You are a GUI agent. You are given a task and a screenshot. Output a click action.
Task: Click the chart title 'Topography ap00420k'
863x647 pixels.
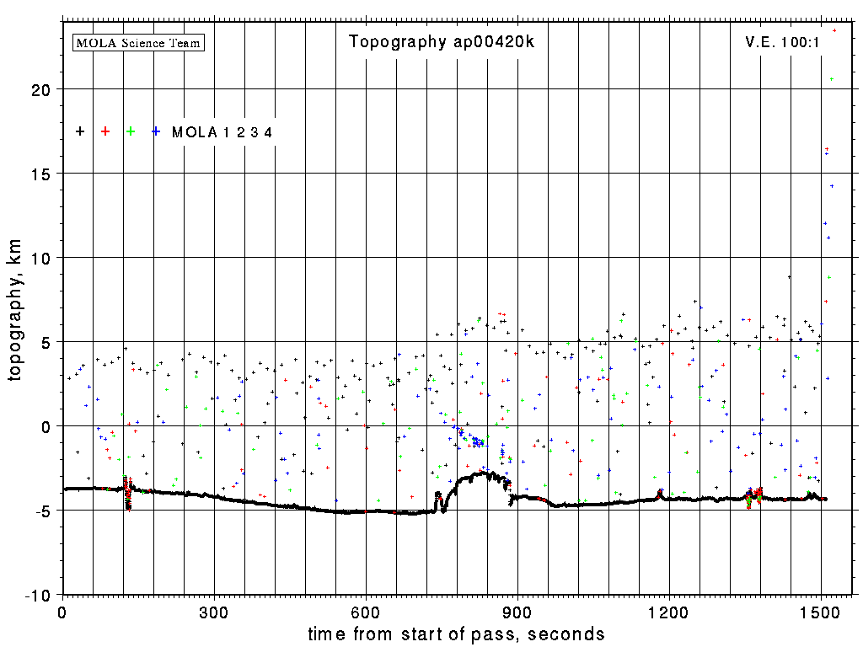pyautogui.click(x=441, y=42)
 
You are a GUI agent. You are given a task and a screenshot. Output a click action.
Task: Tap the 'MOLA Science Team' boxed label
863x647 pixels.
pyautogui.click(x=139, y=42)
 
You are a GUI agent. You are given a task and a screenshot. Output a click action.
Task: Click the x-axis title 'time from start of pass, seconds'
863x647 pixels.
pyautogui.click(x=456, y=634)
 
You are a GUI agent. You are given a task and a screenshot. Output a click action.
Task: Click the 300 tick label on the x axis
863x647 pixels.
pyautogui.click(x=214, y=612)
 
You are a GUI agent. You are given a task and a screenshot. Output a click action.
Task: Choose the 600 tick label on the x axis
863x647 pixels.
pyautogui.click(x=366, y=612)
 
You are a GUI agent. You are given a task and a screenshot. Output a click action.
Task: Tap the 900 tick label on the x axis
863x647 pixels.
pyautogui.click(x=517, y=612)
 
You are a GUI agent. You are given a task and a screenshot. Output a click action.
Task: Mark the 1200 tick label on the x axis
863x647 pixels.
pyautogui.click(x=669, y=612)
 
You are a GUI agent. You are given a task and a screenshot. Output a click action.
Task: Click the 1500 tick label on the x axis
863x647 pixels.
pyautogui.click(x=821, y=612)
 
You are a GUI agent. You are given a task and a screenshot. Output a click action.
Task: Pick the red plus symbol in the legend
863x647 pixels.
pyautogui.click(x=105, y=131)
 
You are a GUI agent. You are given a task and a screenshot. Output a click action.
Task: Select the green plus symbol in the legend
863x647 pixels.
pyautogui.click(x=131, y=131)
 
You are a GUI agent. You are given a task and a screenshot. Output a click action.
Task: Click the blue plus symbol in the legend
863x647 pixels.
pyautogui.click(x=156, y=131)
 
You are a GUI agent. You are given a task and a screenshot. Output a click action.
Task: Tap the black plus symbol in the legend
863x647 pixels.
pyautogui.click(x=80, y=131)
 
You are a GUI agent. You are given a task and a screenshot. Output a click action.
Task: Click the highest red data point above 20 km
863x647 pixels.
pyautogui.click(x=834, y=30)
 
